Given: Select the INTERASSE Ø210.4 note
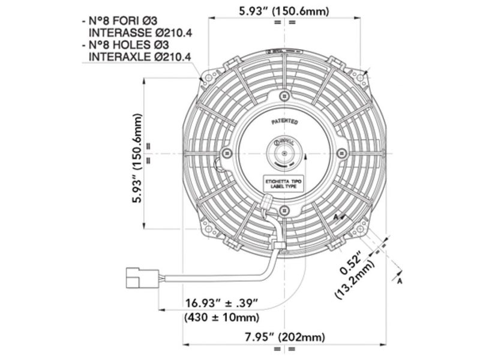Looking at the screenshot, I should [x=140, y=32].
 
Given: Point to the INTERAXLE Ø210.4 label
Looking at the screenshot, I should [x=140, y=58].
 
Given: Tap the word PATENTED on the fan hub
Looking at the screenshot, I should [x=284, y=121].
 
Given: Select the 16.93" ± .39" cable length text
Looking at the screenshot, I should [x=220, y=302].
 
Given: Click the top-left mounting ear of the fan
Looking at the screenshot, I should [x=209, y=76].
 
